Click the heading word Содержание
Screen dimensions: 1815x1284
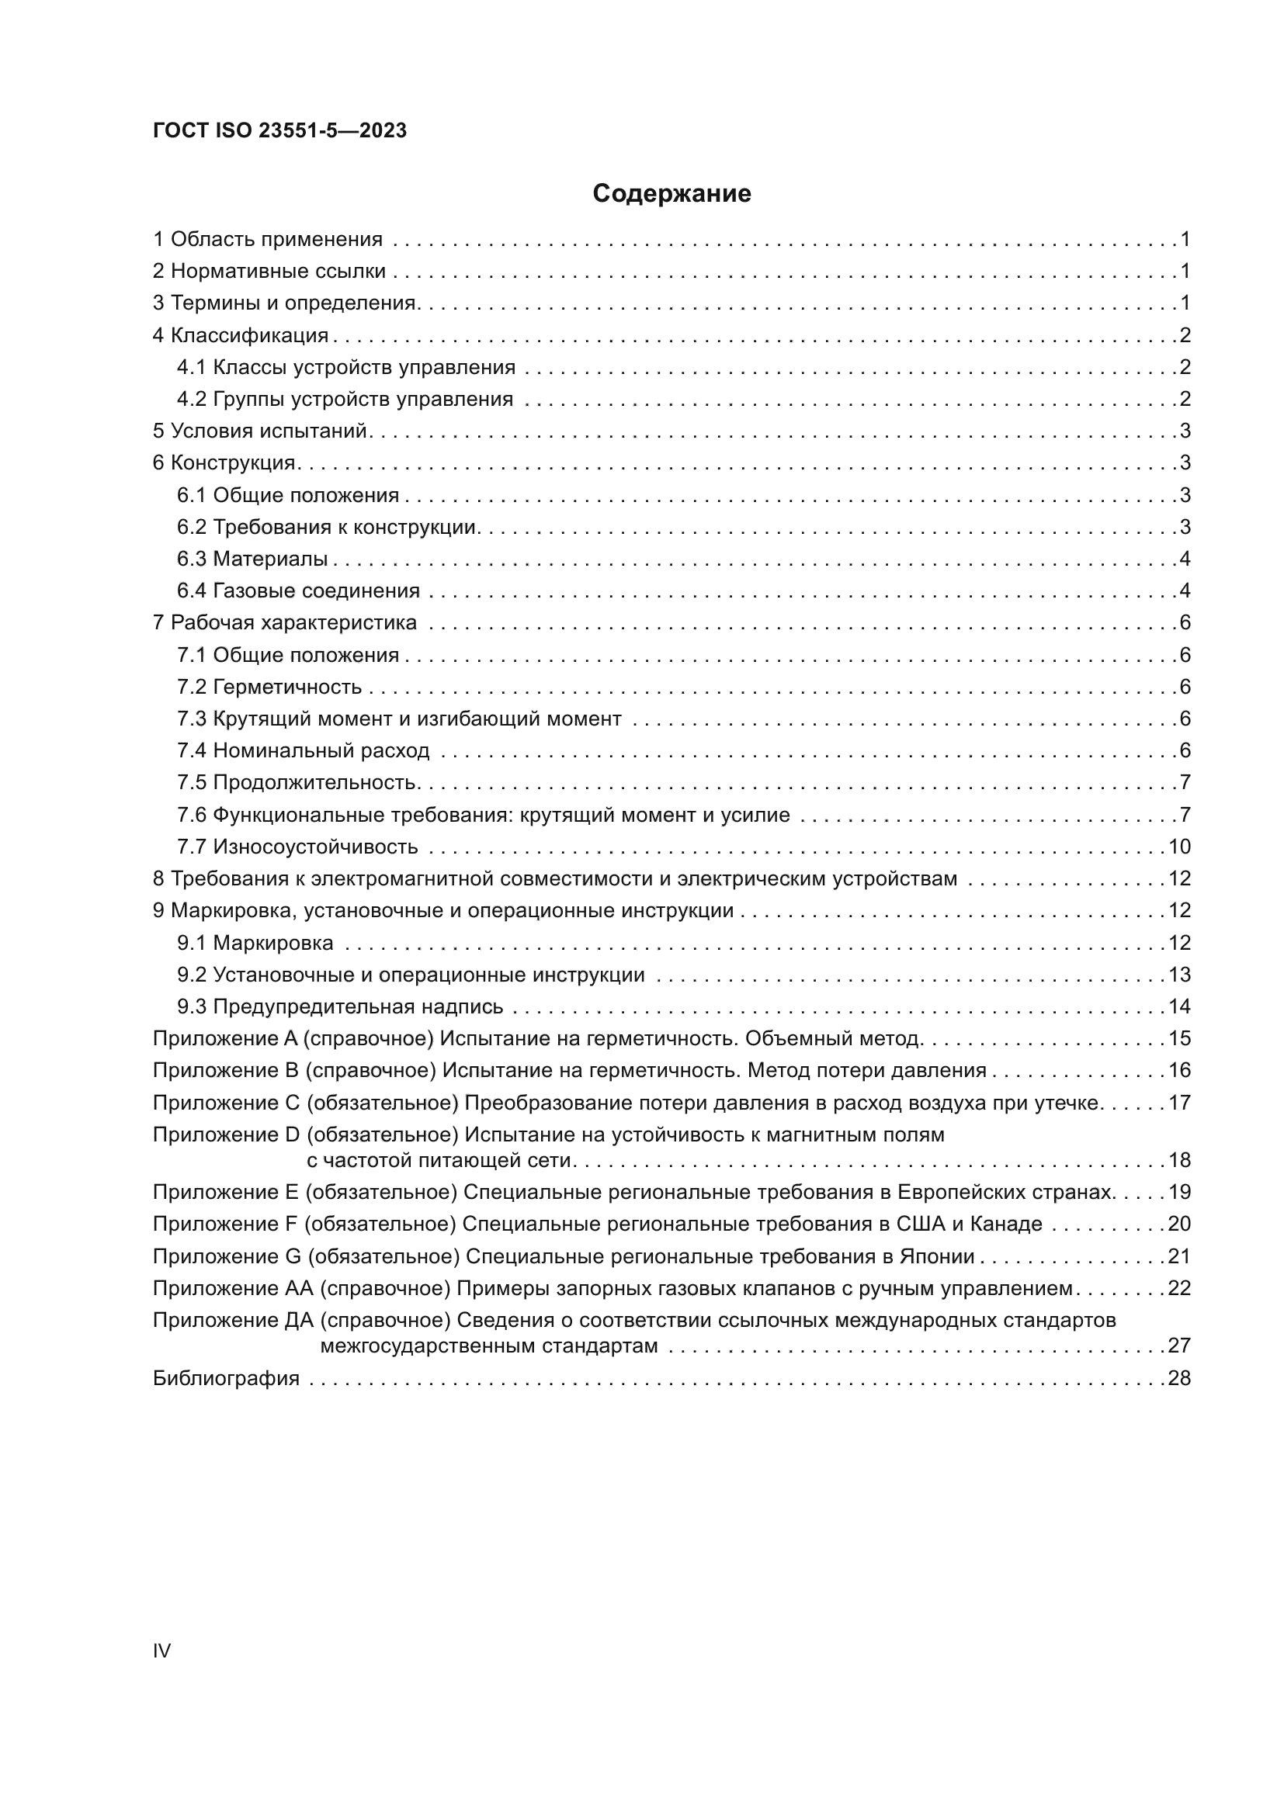(671, 194)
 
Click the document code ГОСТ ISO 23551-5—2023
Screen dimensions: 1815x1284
(279, 130)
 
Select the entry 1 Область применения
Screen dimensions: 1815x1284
(267, 240)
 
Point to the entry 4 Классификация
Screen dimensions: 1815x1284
(241, 335)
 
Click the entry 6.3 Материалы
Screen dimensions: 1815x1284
(252, 559)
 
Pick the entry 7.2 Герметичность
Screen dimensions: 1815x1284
(269, 687)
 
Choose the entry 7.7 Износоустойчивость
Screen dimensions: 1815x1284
(297, 847)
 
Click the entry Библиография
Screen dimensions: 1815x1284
(226, 1378)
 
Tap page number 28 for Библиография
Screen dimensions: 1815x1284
(1179, 1378)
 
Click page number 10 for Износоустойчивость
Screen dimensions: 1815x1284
(1179, 847)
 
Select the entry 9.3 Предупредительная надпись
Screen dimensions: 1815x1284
(340, 1006)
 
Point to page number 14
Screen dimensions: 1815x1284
(1179, 1006)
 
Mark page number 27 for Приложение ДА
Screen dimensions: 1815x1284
(1179, 1346)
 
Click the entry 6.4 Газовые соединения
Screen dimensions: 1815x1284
(298, 591)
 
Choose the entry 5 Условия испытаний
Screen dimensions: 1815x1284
(260, 431)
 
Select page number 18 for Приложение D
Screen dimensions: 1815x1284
(1179, 1160)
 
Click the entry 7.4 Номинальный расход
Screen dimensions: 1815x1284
(304, 750)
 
